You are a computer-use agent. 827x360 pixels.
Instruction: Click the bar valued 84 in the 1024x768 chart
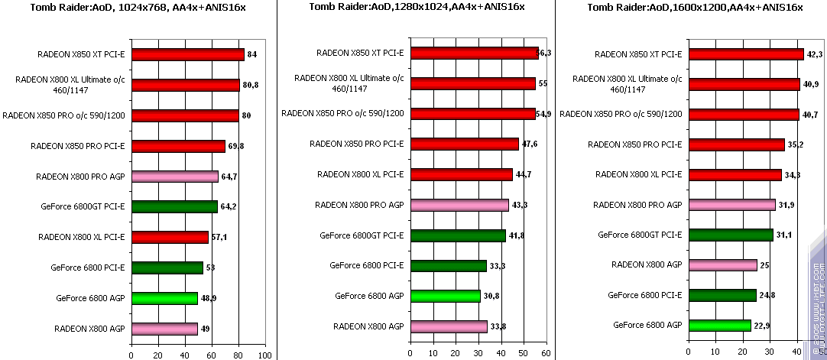[187, 54]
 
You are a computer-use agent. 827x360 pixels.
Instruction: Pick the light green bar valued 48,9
[164, 298]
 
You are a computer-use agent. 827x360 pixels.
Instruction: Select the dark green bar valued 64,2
[174, 206]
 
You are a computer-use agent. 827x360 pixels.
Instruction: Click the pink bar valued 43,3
[459, 205]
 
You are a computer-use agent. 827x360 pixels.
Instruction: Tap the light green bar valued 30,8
[446, 296]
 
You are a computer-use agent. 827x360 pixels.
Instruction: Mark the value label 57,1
[219, 237]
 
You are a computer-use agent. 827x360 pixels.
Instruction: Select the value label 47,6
[530, 144]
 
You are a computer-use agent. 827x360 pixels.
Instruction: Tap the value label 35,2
[796, 144]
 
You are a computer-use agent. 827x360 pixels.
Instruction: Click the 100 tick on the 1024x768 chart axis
[264, 355]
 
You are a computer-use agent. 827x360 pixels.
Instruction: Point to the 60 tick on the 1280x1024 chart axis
[545, 354]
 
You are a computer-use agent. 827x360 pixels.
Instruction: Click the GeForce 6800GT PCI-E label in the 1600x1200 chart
[640, 235]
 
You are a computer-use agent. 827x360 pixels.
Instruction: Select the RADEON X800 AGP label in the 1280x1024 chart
[368, 326]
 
